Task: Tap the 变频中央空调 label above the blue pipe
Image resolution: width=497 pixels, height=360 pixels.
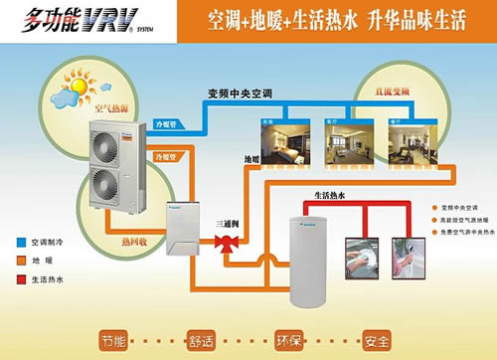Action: [240, 95]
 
